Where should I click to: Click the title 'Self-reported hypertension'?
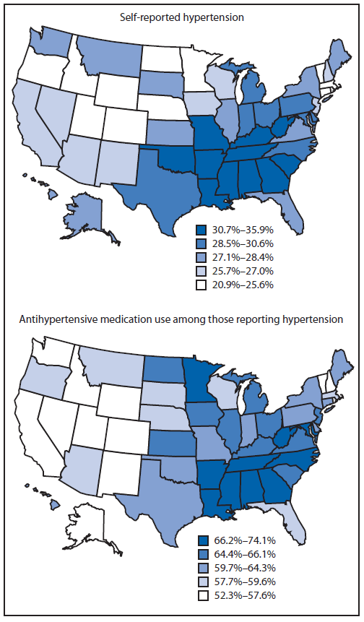pyautogui.click(x=181, y=16)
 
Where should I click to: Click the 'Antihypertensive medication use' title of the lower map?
pyautogui.click(x=181, y=318)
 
